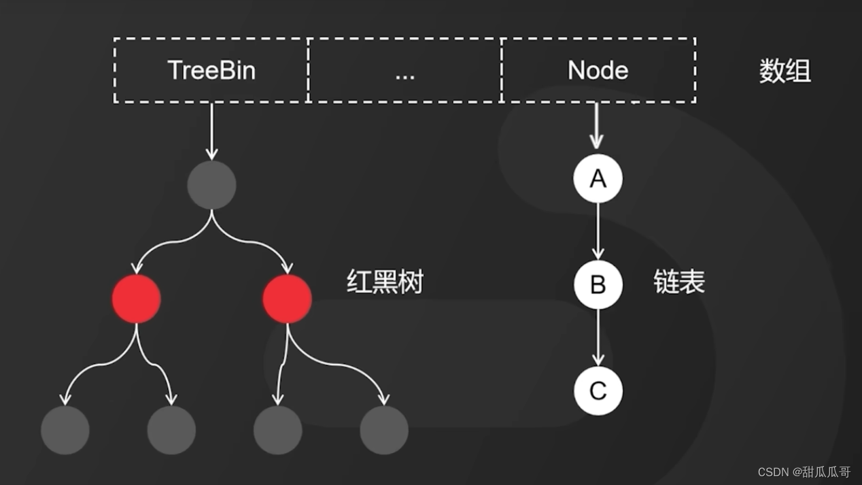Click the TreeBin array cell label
211,71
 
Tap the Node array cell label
598,71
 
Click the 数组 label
785,71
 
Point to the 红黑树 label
385,282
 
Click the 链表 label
679,282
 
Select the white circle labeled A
598,178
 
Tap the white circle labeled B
598,284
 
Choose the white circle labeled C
598,390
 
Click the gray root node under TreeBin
211,185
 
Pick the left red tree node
137,299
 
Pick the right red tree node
287,299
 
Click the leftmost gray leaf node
65,430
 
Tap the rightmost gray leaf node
384,430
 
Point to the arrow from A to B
598,231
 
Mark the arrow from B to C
598,337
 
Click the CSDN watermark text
804,472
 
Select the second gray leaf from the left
171,430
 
